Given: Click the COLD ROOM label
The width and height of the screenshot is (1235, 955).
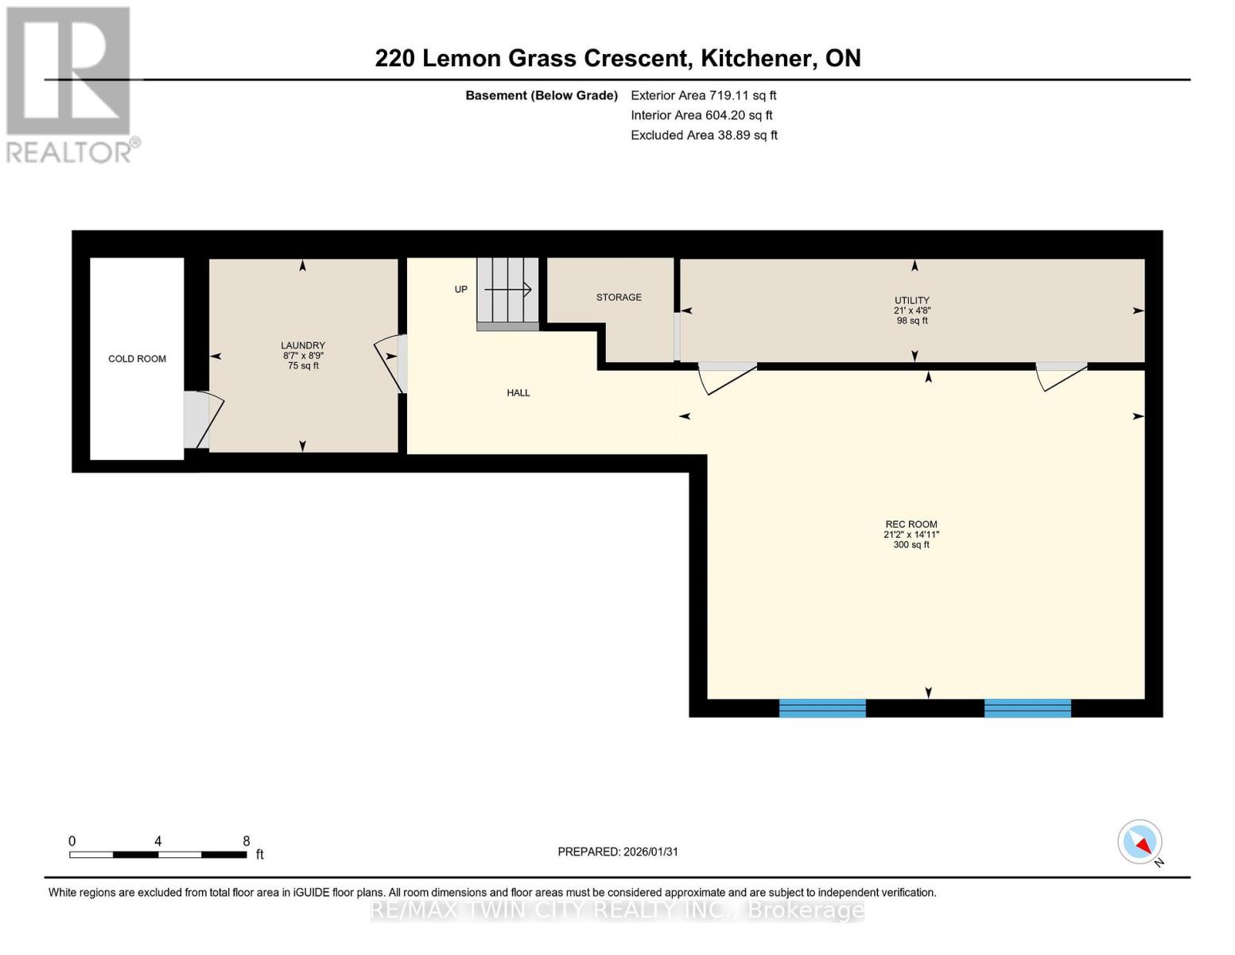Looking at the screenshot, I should click(137, 359).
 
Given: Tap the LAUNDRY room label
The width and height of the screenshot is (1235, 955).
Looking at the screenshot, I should click(303, 345).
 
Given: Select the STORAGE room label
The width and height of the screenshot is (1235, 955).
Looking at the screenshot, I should click(619, 298).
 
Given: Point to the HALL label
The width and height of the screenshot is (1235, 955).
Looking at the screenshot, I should click(518, 393).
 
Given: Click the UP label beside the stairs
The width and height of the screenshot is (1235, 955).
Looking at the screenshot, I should click(461, 290).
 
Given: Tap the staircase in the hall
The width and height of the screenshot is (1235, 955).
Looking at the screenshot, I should click(507, 292).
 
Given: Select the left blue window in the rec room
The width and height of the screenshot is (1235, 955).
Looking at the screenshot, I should click(822, 707).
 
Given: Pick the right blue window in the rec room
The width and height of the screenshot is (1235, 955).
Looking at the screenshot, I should click(1027, 707).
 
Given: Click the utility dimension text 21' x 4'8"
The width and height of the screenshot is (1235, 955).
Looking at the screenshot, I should click(911, 311).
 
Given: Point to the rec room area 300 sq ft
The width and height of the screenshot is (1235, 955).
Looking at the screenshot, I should click(911, 545).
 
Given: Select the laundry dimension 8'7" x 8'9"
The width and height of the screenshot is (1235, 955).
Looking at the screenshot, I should click(303, 356).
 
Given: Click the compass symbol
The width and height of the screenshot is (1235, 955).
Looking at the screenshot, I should click(1140, 842).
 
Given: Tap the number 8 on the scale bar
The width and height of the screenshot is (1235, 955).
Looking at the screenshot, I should click(247, 841).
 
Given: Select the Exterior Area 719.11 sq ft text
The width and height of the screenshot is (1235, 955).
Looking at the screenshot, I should click(703, 95).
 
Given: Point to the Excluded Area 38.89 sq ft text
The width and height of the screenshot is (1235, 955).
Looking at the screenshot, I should click(704, 135).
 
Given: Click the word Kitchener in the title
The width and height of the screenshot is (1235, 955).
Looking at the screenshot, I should click(756, 58).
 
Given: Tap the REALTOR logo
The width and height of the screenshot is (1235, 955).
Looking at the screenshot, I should click(70, 84).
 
